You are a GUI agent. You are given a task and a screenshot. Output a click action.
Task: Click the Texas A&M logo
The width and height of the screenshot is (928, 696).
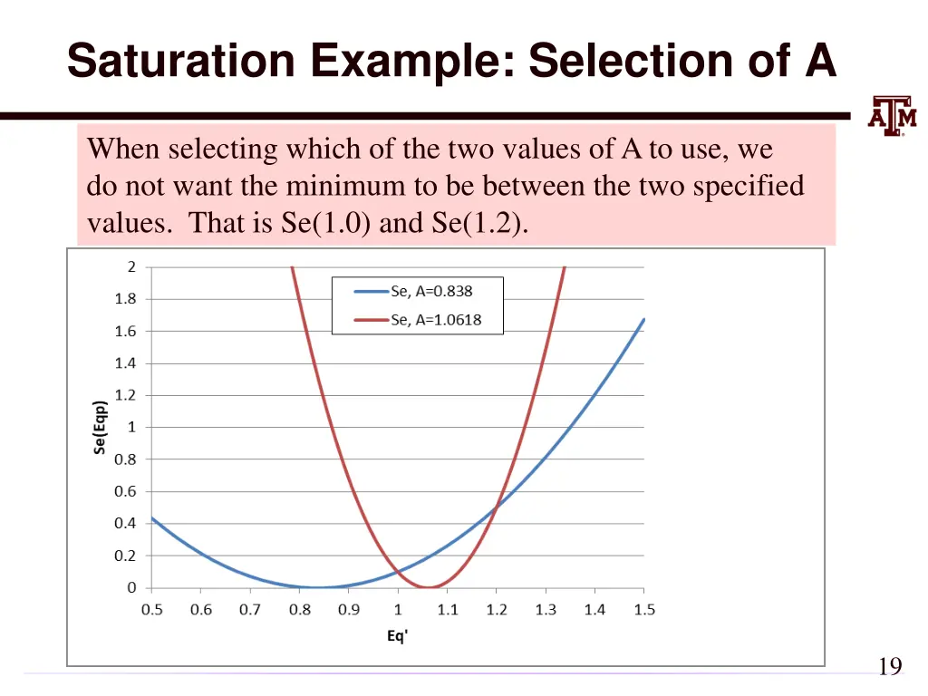point(892,115)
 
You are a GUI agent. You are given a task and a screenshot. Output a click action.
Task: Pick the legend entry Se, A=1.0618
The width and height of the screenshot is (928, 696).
point(436,320)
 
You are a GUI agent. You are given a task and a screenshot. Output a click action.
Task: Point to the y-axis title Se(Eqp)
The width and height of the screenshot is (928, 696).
point(101,427)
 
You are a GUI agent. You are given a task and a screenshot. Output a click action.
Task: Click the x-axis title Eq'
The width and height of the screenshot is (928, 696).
point(397,636)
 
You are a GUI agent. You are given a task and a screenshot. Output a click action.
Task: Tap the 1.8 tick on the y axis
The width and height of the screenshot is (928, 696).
point(125,299)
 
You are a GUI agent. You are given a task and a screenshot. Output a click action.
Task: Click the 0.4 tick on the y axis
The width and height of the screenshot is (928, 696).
point(125,523)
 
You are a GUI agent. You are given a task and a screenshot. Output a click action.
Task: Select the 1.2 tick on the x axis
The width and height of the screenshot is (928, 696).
point(497,610)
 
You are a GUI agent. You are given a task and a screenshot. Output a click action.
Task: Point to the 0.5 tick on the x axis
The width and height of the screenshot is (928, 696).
point(151,610)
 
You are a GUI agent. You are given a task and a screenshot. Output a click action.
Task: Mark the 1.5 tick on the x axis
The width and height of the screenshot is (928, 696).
point(644,610)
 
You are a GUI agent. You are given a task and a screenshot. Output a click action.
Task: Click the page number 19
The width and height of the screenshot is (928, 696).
point(890,667)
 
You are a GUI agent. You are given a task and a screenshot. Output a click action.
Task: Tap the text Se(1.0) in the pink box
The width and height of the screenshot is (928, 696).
point(325,224)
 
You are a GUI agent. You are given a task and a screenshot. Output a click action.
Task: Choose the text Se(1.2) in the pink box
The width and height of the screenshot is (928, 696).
point(476,224)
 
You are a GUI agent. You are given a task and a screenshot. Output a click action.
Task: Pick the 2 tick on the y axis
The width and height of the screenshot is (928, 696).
point(131,266)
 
